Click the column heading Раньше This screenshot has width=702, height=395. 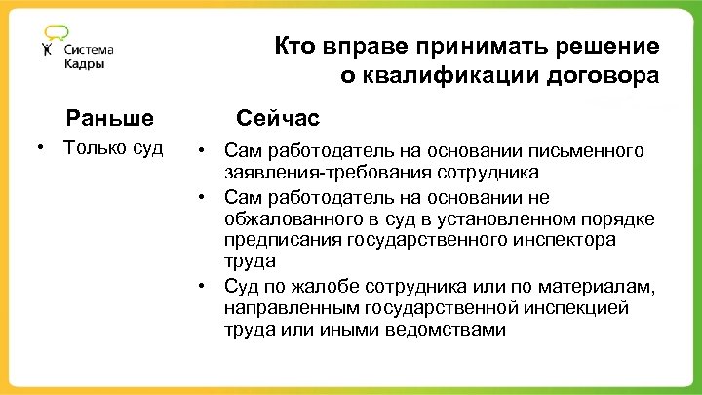[110, 119]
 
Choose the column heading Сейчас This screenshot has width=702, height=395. [278, 119]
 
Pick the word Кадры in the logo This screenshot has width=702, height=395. [85, 64]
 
